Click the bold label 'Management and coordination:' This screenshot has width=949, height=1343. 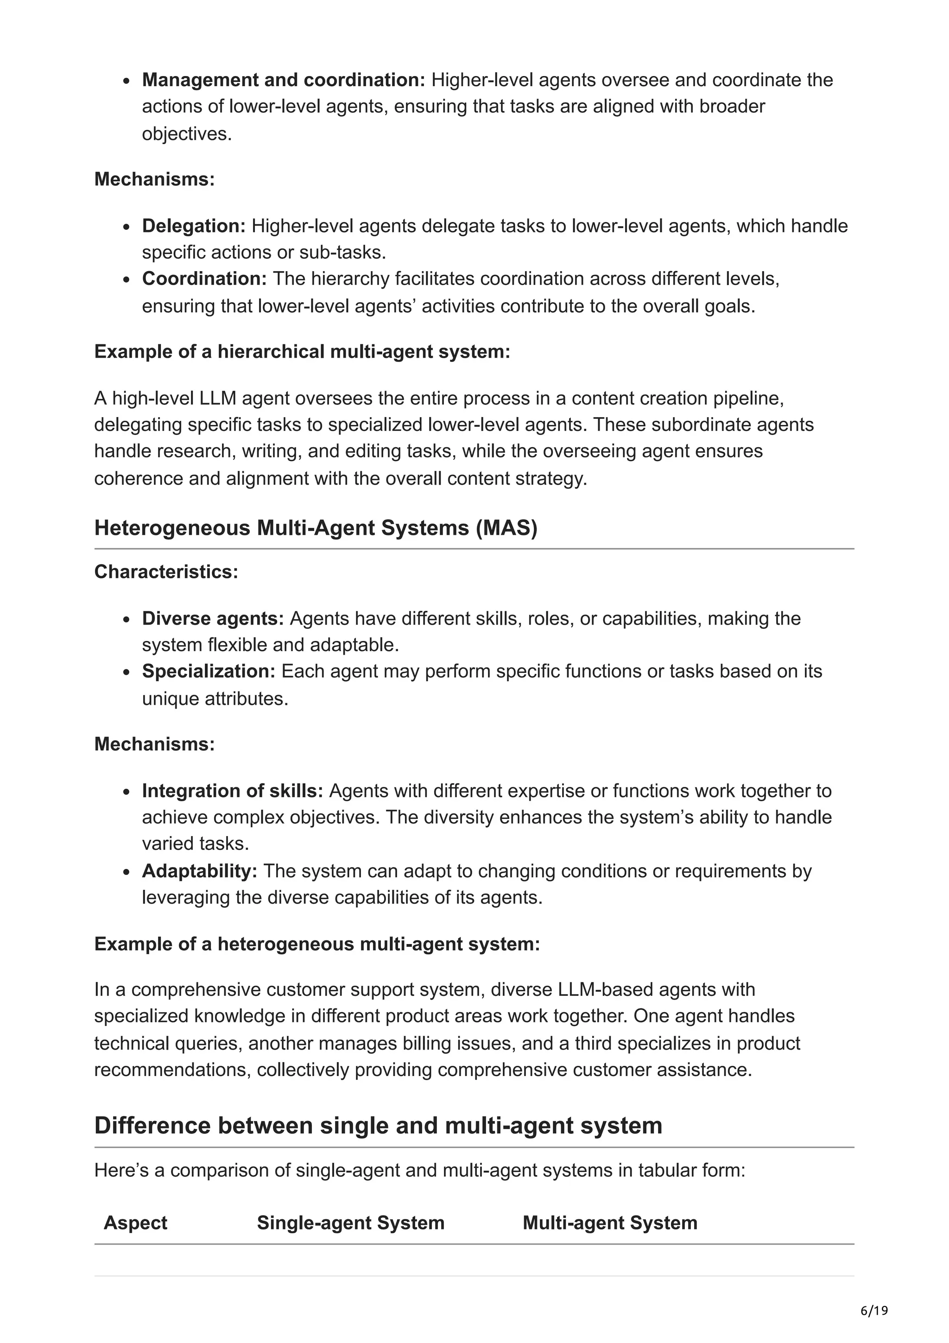coord(284,80)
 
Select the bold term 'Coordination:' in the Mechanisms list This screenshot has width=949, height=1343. coord(204,279)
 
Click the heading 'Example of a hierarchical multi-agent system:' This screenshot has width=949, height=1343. coord(302,352)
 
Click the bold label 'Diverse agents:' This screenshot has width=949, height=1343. coord(213,618)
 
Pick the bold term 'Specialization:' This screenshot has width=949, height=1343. coord(208,671)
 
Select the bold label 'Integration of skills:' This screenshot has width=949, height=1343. coord(232,791)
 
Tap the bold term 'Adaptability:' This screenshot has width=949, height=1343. coord(199,871)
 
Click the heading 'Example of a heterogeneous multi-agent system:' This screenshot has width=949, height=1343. coord(316,944)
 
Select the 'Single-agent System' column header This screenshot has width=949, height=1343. coord(350,1223)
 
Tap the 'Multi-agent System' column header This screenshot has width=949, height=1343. coord(609,1223)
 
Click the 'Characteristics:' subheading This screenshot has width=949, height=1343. coord(166,571)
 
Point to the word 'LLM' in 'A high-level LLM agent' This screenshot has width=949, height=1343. coord(217,399)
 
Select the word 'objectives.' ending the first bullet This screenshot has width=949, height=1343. coord(187,134)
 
